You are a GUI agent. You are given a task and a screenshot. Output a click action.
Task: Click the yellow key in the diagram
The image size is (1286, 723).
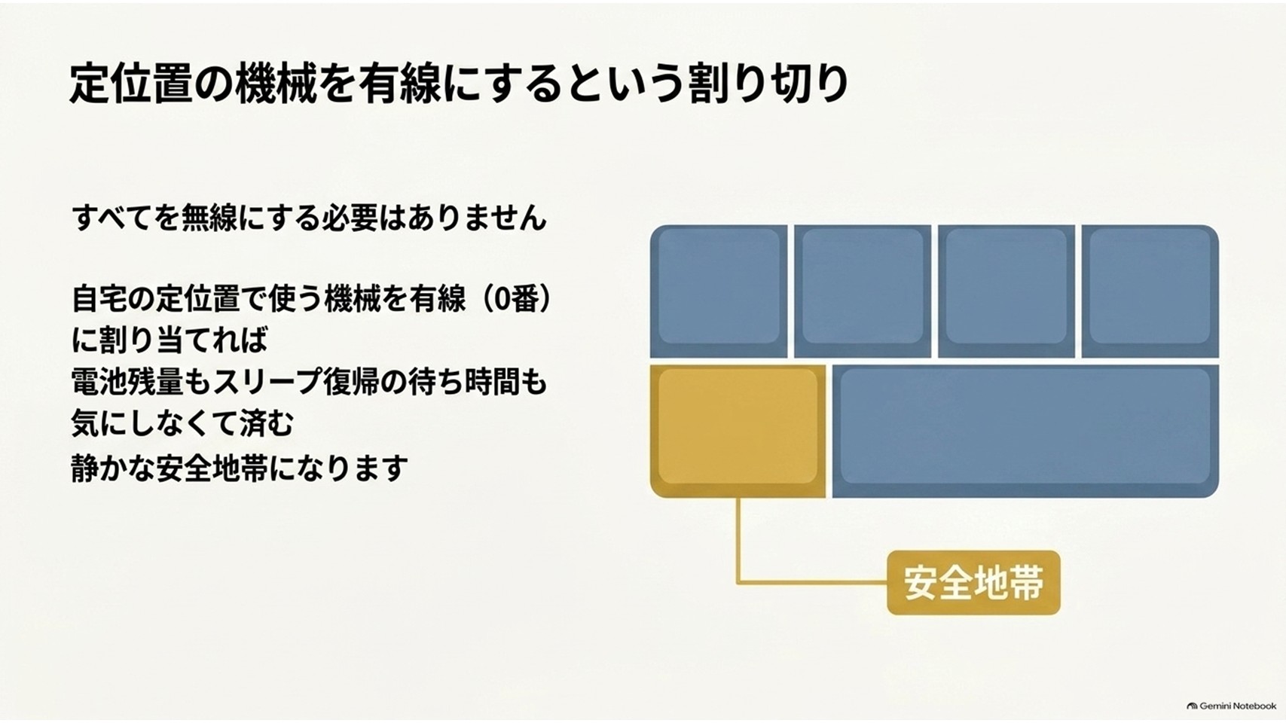point(738,431)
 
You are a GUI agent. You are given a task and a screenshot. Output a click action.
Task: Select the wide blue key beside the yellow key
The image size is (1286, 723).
point(1025,431)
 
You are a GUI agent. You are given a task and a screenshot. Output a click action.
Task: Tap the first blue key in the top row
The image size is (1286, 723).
point(719,291)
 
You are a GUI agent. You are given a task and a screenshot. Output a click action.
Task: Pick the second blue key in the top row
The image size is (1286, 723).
point(863,291)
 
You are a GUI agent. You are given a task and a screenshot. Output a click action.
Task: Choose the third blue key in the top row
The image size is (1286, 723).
point(1006,291)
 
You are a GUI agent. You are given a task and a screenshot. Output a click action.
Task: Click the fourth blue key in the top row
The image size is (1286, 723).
point(1150,291)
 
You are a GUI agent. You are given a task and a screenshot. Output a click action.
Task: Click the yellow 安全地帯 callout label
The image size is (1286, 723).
point(973,583)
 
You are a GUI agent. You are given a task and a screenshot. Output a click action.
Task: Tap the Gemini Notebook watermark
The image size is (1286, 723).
point(1231,706)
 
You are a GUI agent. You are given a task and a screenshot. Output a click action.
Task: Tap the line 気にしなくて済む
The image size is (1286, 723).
point(182,424)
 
